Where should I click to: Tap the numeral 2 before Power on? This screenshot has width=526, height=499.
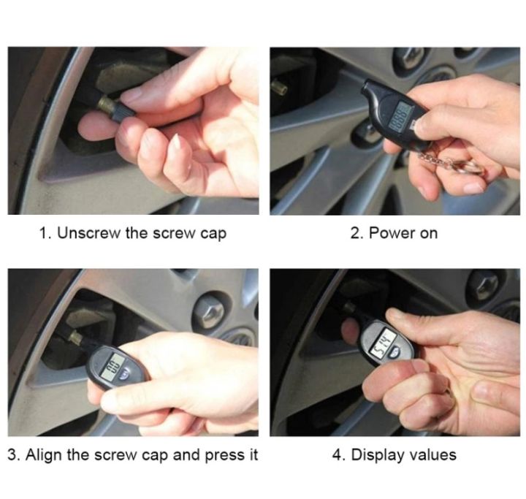(355, 234)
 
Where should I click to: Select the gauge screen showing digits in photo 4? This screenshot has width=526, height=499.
(381, 340)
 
